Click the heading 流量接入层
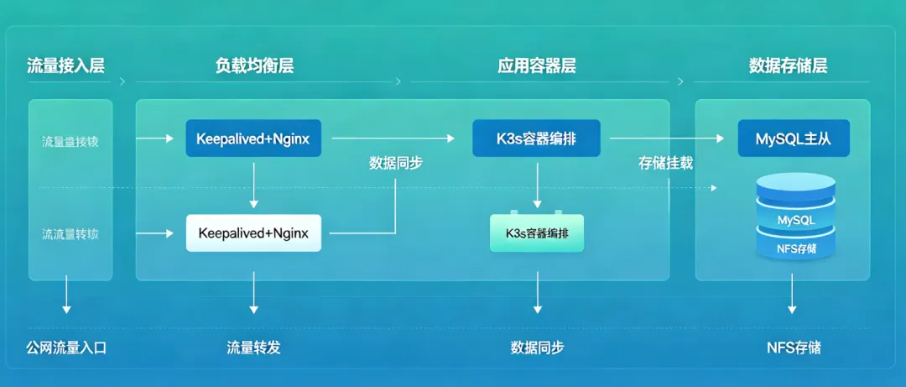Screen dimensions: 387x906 point(66,66)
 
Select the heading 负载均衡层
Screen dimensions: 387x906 point(254,66)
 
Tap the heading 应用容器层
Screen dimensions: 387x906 point(537,66)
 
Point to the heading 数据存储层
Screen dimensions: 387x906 point(788,66)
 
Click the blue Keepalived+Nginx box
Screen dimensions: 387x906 point(253,139)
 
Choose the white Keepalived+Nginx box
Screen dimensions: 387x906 point(253,233)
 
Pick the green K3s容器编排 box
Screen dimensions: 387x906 point(537,233)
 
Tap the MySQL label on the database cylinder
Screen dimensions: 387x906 point(796,220)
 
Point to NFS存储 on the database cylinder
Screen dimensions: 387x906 point(796,248)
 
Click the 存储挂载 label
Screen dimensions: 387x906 point(666,163)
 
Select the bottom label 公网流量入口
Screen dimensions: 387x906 point(66,347)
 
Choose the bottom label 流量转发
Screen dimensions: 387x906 point(253,347)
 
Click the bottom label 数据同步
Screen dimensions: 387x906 point(537,347)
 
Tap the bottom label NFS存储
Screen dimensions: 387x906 point(794,347)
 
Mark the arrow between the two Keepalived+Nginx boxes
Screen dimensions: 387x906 point(253,186)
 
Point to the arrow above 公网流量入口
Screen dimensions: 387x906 point(66,297)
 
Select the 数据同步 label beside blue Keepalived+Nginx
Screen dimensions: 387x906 point(396,163)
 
